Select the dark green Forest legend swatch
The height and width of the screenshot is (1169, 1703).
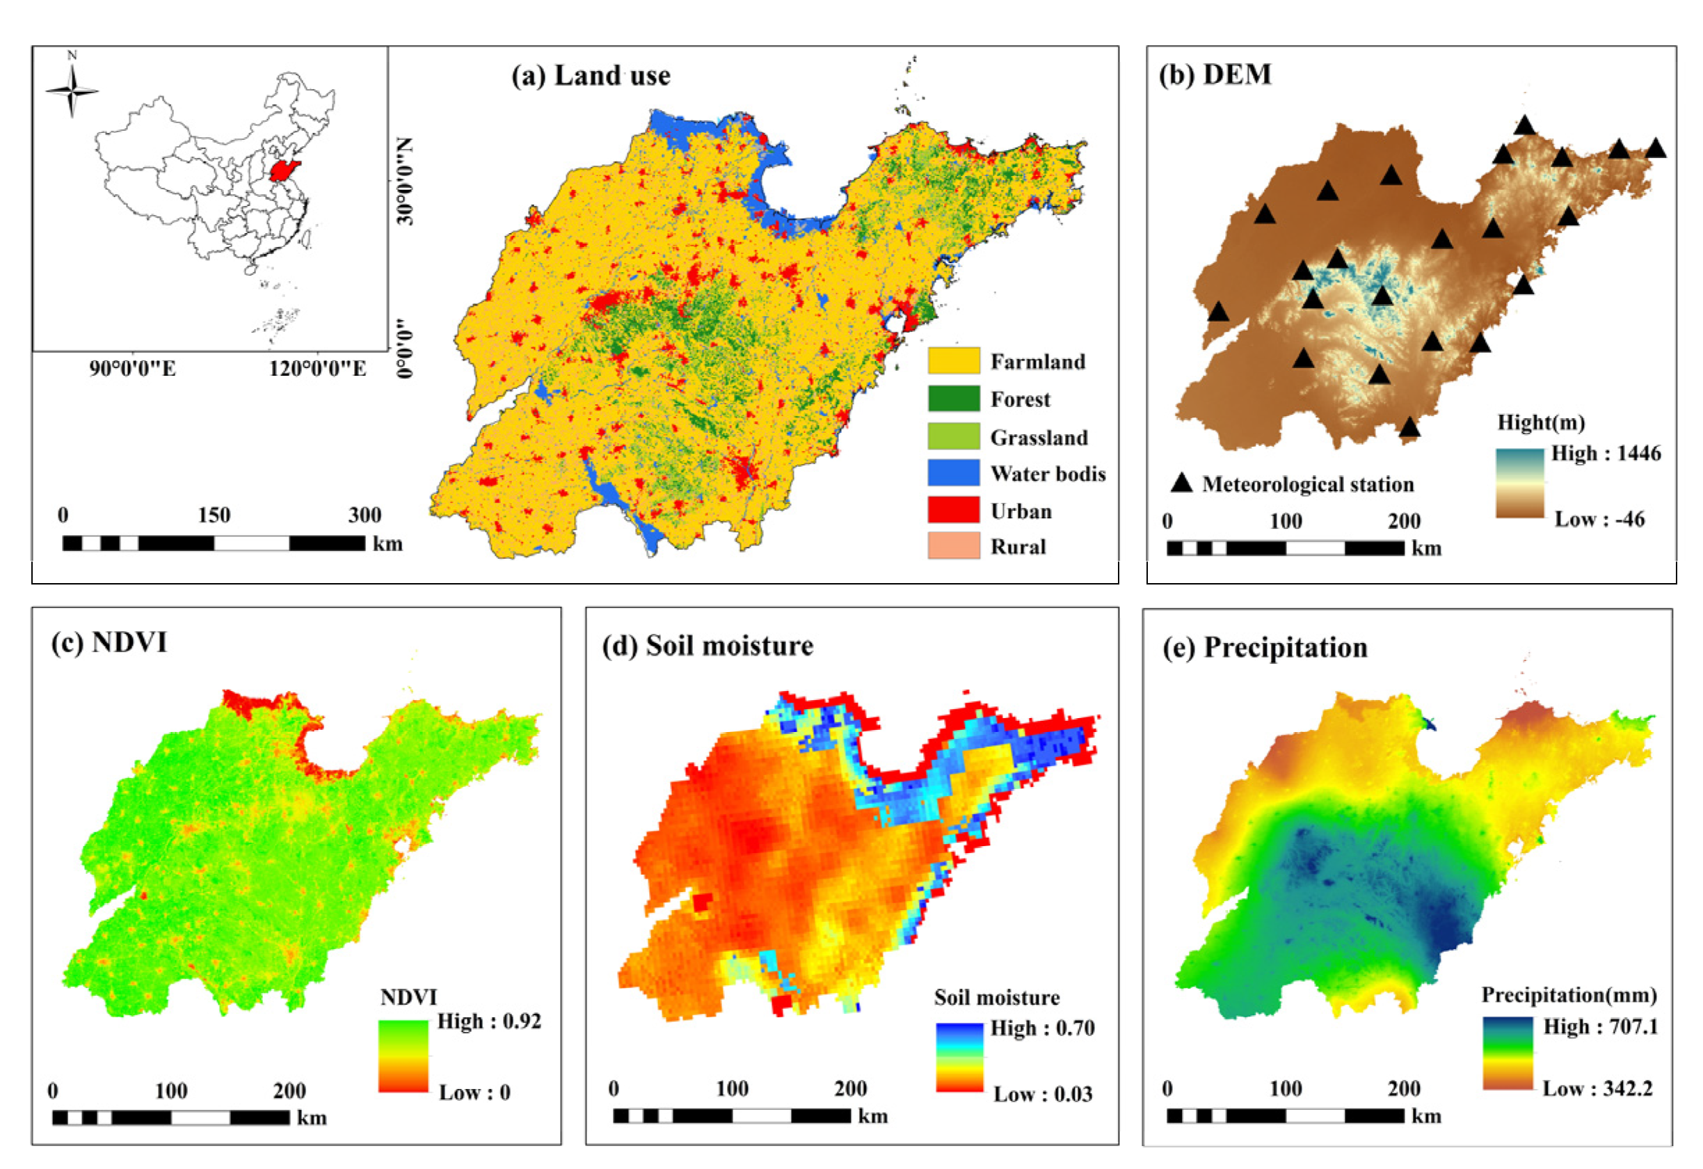pyautogui.click(x=952, y=398)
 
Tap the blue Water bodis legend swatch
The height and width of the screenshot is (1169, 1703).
pyautogui.click(x=952, y=472)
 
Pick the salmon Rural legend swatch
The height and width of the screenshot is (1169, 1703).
pyautogui.click(x=952, y=546)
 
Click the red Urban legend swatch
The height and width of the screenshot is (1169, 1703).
pyautogui.click(x=952, y=509)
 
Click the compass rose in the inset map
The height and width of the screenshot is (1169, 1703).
pyautogui.click(x=72, y=90)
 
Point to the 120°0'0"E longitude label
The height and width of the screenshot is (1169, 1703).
pyautogui.click(x=317, y=368)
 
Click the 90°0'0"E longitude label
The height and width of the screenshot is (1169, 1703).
pyautogui.click(x=133, y=368)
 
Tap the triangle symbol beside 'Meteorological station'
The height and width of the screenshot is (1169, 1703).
pyautogui.click(x=1181, y=483)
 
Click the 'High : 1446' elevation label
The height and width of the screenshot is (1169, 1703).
pyautogui.click(x=1606, y=453)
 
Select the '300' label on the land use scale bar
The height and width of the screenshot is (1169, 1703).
pyautogui.click(x=365, y=515)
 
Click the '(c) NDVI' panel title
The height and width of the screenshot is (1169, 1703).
pyautogui.click(x=109, y=642)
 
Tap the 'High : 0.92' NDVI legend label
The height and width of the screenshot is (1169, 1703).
pyautogui.click(x=489, y=1021)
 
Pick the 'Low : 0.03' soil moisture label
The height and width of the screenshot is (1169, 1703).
pyautogui.click(x=1042, y=1095)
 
